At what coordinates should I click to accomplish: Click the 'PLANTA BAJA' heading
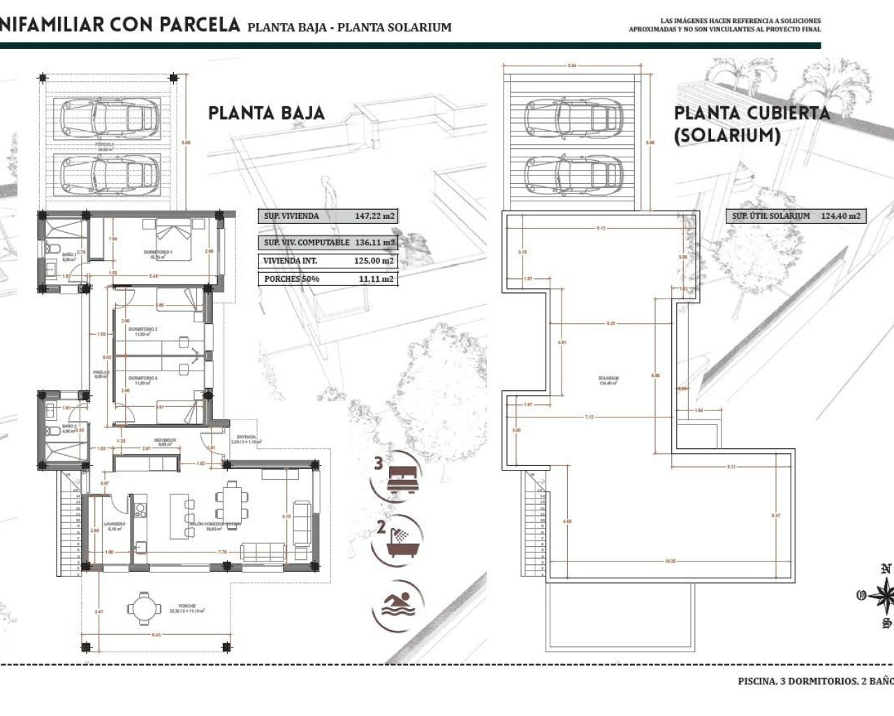(266, 113)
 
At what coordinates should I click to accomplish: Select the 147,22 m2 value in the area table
(374, 216)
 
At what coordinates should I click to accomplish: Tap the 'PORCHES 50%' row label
(292, 278)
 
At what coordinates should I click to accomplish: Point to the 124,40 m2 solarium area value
(840, 216)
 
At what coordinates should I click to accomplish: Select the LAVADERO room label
(114, 524)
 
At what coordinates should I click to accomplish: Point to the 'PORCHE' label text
(186, 606)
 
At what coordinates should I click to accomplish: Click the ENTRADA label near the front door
(245, 437)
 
